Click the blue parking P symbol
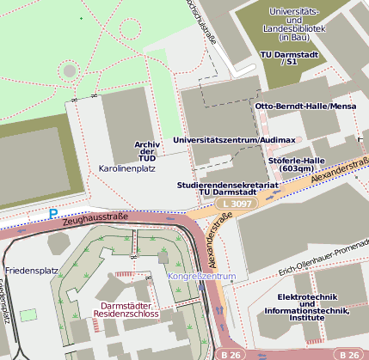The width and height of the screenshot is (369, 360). pos(53,213)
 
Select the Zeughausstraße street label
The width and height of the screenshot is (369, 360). pos(95,220)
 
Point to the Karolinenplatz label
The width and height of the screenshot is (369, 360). pos(126,168)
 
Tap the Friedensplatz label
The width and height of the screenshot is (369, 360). pos(31,271)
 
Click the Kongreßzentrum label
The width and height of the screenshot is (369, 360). pos(200,277)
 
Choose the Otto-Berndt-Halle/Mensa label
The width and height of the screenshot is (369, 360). pos(305,106)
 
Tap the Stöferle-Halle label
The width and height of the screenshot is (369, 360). pos(296,160)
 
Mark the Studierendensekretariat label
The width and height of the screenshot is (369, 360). pos(228,184)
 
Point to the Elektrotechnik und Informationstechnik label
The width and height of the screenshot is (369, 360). pos(313,307)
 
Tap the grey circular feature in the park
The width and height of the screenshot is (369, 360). pos(70,70)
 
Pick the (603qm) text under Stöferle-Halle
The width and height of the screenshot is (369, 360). pos(298,169)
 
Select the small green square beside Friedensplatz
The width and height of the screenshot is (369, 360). pos(28,315)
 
